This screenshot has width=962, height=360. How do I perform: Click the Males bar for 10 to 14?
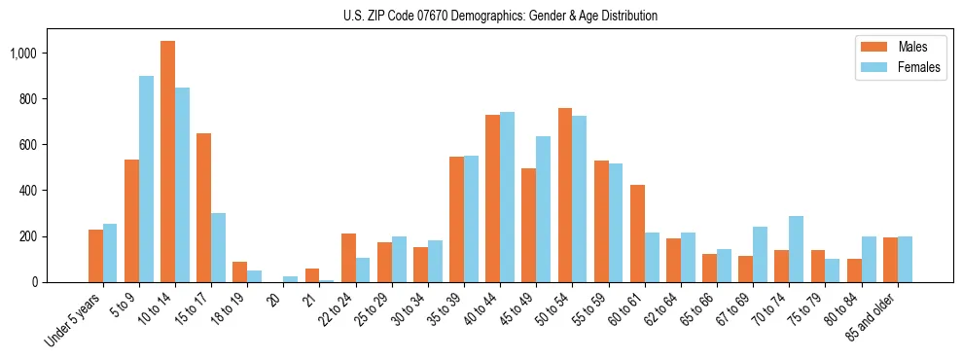pos(167,162)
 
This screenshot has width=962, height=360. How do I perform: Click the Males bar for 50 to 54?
pos(565,195)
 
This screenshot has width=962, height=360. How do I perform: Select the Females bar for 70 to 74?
pos(797,249)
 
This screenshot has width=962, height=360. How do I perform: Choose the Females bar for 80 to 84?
pos(869,259)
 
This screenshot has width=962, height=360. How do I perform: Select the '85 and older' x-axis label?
pos(873,316)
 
